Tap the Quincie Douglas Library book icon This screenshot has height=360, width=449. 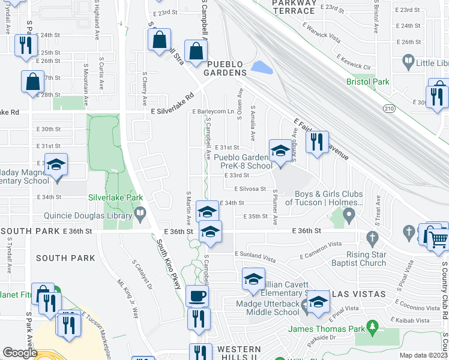[x=140, y=212]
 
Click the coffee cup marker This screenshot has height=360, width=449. [x=197, y=296]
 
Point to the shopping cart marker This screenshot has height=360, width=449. [x=439, y=238]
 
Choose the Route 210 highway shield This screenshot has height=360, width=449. [x=390, y=107]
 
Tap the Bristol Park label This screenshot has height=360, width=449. [x=367, y=82]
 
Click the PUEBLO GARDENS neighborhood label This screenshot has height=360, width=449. [x=226, y=68]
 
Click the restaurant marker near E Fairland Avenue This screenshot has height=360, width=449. [x=316, y=142]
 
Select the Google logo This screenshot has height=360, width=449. [x=20, y=353]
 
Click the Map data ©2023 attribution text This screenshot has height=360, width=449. [x=423, y=355]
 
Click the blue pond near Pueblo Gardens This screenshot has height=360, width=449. [x=262, y=67]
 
